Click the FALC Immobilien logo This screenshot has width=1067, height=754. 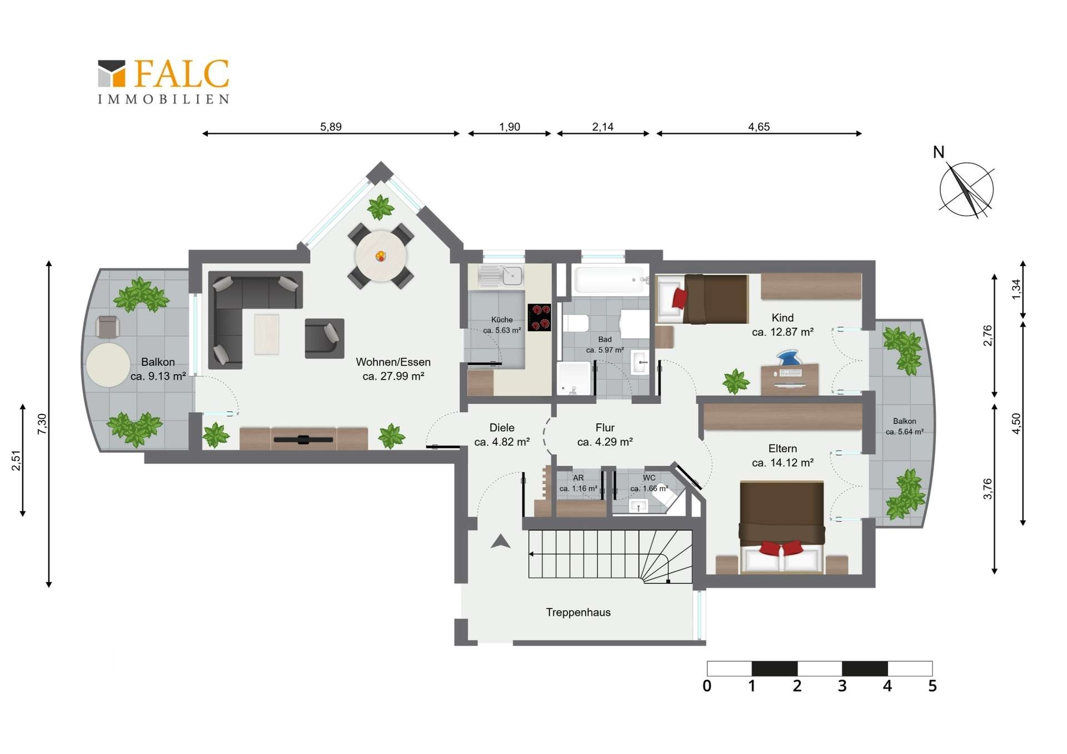163,82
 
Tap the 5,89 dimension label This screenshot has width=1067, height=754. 331,127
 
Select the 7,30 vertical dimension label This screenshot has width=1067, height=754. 42,424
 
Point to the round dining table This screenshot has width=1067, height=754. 381,257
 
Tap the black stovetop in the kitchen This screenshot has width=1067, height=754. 539,318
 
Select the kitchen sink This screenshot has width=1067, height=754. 501,276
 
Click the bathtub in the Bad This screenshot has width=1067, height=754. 610,279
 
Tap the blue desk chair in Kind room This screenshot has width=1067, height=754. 789,357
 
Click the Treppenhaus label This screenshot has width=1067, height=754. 578,612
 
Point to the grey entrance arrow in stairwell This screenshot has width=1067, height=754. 500,541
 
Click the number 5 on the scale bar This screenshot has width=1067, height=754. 933,686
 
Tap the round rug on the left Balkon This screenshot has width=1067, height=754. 108,365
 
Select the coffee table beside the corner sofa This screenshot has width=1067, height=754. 267,334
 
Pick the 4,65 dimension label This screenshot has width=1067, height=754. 759,127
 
